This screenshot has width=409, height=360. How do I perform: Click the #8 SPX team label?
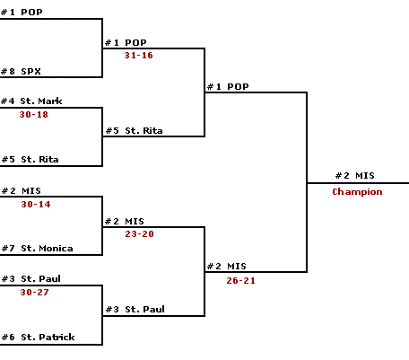pyautogui.click(x=21, y=72)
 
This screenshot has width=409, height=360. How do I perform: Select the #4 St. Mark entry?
pyautogui.click(x=31, y=101)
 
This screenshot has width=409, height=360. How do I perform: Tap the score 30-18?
pyautogui.click(x=34, y=114)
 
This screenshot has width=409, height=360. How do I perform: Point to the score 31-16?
pyautogui.click(x=138, y=55)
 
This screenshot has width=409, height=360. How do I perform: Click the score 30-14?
pyautogui.click(x=36, y=204)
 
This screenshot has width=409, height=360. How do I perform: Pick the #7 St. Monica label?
pyautogui.click(x=38, y=249)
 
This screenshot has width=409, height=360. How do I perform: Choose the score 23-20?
pyautogui.click(x=139, y=233)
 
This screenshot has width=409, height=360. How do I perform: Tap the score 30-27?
pyautogui.click(x=34, y=292)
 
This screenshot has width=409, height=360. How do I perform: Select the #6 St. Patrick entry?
pyautogui.click(x=39, y=338)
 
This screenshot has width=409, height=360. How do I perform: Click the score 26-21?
pyautogui.click(x=240, y=280)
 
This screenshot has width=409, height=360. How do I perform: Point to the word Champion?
pyautogui.click(x=357, y=191)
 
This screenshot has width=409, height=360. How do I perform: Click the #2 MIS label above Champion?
pyautogui.click(x=355, y=176)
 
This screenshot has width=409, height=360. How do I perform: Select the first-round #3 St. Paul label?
pyautogui.click(x=31, y=279)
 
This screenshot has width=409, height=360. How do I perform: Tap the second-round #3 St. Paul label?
pyautogui.click(x=135, y=309)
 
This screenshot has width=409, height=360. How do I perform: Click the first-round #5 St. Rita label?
pyautogui.click(x=30, y=160)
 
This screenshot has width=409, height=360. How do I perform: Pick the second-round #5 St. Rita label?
pyautogui.click(x=135, y=131)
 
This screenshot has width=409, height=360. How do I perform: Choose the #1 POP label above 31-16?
pyautogui.click(x=126, y=43)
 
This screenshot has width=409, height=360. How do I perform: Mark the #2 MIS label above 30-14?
pyautogui.click(x=22, y=191)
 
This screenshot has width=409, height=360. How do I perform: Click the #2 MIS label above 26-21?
pyautogui.click(x=227, y=267)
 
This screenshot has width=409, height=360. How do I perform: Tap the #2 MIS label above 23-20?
pyautogui.click(x=125, y=222)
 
